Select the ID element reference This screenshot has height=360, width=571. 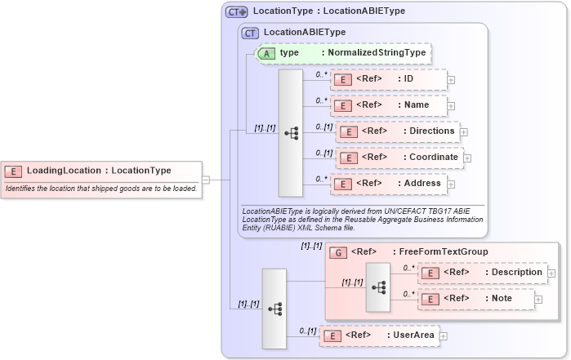click(388, 79)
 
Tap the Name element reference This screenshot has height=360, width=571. click(388, 105)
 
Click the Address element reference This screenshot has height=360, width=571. click(388, 184)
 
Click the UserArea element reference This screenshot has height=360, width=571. click(379, 335)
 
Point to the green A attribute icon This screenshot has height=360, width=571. click(266, 53)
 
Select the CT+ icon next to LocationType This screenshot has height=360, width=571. click(237, 11)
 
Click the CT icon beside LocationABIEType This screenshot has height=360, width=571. click(251, 33)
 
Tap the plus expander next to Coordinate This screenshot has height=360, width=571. click(467, 158)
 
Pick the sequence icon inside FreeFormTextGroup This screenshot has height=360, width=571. click(378, 287)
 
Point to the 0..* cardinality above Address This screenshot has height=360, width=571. click(322, 177)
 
